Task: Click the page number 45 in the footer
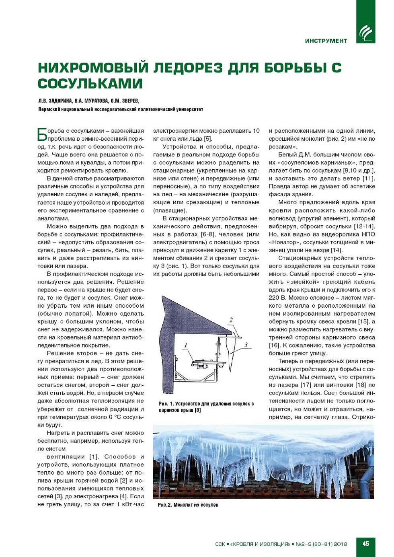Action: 365,544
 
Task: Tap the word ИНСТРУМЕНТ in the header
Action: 326,41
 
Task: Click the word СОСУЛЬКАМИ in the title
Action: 90,84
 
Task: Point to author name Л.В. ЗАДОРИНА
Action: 55,101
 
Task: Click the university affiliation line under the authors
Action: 121,109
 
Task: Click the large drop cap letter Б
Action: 42,134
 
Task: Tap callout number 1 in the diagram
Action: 186,345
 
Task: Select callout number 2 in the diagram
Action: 231,320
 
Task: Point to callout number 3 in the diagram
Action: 246,345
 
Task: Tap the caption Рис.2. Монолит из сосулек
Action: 188,505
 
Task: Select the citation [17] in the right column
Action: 306,385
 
